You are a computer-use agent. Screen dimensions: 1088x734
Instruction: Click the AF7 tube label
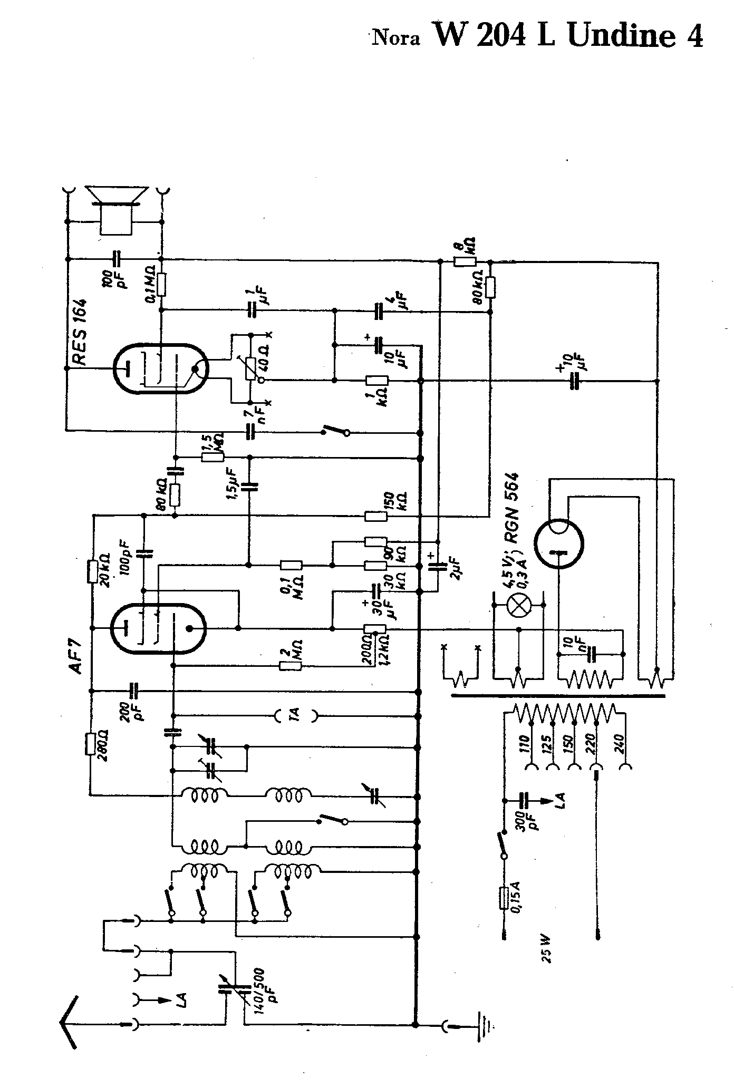75,659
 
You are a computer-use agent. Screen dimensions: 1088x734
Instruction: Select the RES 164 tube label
80,333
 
